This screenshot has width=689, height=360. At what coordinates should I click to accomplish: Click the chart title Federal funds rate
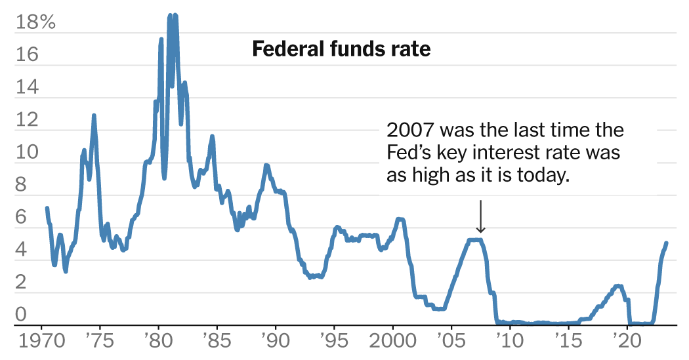341,49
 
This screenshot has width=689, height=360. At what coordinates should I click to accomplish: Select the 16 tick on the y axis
27,54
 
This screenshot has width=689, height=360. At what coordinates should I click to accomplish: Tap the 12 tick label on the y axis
27,119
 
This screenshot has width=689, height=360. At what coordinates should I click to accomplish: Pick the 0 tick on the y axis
21,315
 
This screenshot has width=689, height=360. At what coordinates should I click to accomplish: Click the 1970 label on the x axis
41,343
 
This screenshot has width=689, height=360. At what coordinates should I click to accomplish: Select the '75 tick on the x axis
100,343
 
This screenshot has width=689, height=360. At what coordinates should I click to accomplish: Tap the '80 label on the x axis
158,343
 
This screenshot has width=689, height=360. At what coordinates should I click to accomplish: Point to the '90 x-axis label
275,343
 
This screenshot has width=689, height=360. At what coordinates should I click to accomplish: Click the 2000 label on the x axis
392,343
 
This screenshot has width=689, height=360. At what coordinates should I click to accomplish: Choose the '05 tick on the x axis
451,343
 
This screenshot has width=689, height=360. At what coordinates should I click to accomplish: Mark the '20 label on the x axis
626,343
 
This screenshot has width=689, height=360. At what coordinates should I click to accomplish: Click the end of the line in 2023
666,243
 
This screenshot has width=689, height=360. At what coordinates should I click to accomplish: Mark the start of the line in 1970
47,208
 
